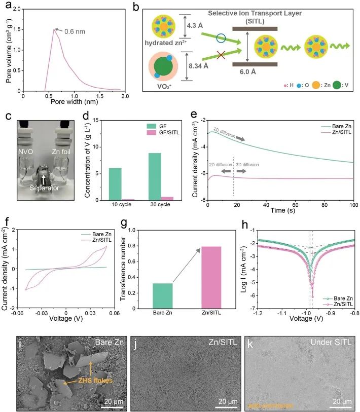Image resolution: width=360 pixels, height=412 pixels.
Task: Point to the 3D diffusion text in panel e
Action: click(247, 165)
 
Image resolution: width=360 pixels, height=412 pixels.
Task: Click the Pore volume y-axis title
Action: click(6, 49)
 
